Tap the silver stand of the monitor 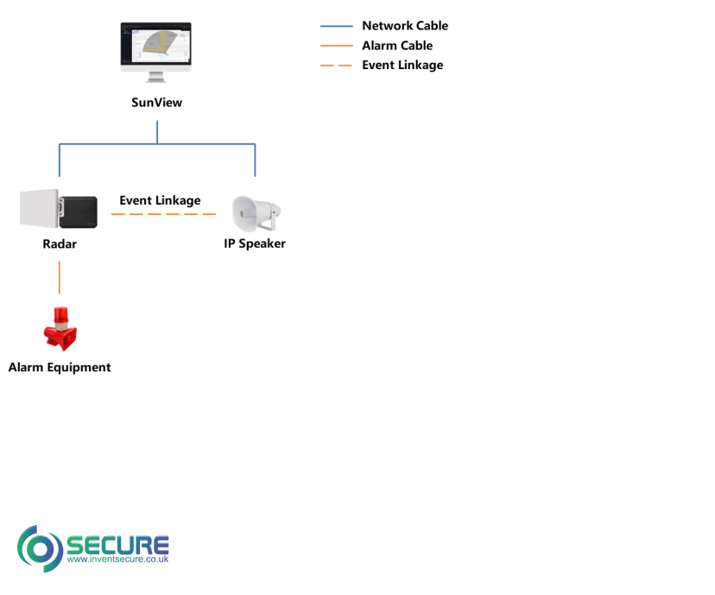[156, 77]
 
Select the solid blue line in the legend [336, 26]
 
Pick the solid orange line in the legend [336, 45]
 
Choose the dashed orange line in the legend [336, 65]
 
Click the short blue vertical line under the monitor [157, 130]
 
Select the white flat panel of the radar [39, 209]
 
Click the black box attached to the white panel [79, 212]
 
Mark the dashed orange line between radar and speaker [163, 213]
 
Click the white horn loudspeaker [249, 212]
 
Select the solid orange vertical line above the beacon [59, 276]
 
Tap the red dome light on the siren [60, 315]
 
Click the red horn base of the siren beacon [60, 337]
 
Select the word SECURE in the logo [117, 544]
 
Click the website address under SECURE [117, 560]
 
